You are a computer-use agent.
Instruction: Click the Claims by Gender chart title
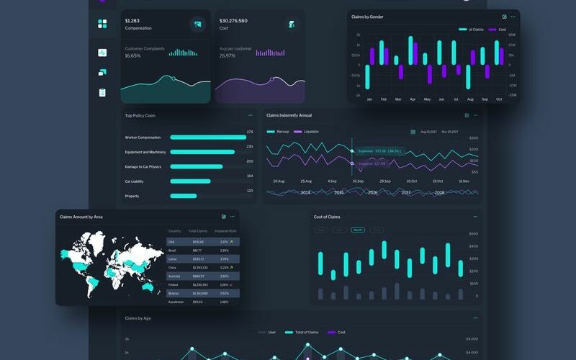point(367,17)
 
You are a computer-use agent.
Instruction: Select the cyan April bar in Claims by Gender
point(411,50)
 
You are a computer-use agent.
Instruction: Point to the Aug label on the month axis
point(470,99)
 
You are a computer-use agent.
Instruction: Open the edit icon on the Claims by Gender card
point(505,17)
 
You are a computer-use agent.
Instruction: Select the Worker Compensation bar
point(208,138)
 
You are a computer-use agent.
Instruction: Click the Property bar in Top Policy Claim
point(183,196)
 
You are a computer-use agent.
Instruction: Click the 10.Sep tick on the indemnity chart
point(358,181)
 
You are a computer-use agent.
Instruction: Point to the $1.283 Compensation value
point(132,21)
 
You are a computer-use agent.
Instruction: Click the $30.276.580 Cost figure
point(233,21)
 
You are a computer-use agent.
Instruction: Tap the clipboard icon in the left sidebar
point(102,92)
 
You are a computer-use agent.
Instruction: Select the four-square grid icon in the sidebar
point(102,24)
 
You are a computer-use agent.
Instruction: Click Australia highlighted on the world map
point(148,286)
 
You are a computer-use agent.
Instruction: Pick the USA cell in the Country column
point(171,242)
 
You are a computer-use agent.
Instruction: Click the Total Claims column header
point(197,231)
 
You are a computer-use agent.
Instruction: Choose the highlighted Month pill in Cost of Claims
point(358,230)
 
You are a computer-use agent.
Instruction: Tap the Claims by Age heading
point(138,318)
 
